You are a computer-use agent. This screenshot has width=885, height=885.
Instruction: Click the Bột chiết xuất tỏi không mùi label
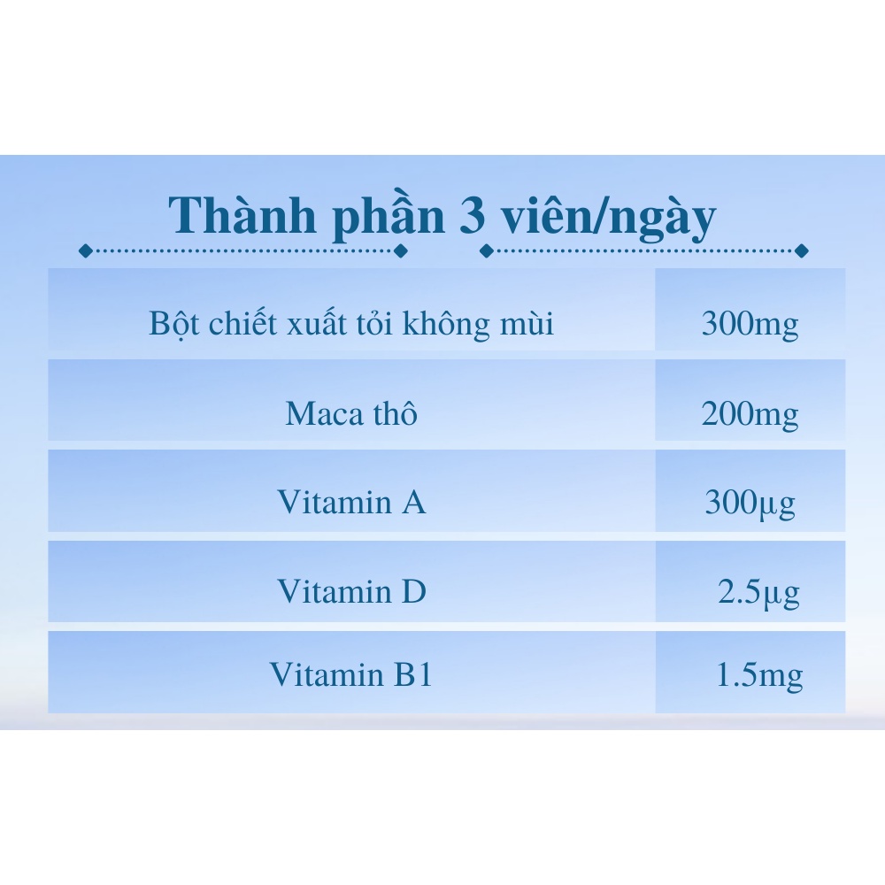pos(351,324)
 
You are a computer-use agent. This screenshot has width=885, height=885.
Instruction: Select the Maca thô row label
pos(351,413)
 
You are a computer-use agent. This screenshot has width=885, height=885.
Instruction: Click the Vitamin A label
pos(351,503)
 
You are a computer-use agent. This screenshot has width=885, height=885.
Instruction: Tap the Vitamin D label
pos(351,591)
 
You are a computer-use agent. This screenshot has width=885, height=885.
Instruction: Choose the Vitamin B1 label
pos(351,675)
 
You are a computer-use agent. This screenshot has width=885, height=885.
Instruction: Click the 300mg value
pos(750,325)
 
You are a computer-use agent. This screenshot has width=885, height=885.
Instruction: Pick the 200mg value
pos(750,414)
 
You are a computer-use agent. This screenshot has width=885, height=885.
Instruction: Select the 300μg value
pos(750,504)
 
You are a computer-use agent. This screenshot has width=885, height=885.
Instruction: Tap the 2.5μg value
pos(758,592)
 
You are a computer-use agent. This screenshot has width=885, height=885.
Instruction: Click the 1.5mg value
pos(758,677)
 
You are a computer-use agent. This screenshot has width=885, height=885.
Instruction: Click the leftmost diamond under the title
pos(86,250)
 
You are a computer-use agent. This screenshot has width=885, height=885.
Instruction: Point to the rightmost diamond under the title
pos(802,250)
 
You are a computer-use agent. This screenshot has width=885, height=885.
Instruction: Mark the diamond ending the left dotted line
pos(400,250)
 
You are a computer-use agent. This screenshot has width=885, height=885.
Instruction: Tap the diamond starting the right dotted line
pos(486,250)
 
